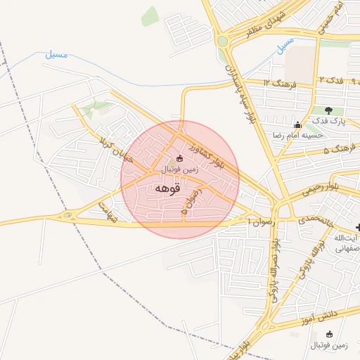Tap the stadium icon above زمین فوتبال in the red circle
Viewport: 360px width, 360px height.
(180, 159)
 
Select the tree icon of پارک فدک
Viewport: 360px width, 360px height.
(328, 110)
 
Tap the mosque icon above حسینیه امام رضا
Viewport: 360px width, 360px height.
(297, 123)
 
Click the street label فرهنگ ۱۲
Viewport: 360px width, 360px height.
(276, 82)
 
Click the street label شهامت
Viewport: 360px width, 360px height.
(107, 211)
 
